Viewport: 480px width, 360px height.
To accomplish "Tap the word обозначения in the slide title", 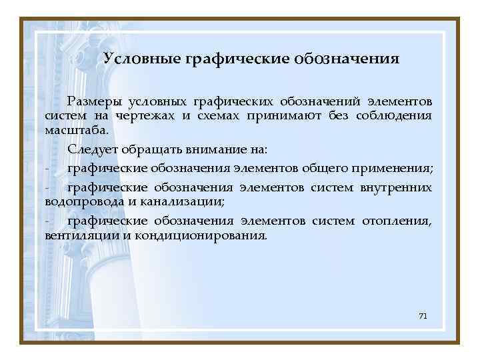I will coord(345,59).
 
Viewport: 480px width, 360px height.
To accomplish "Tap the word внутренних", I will coord(396,187).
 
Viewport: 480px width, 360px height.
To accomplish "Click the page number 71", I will coord(422,315).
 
